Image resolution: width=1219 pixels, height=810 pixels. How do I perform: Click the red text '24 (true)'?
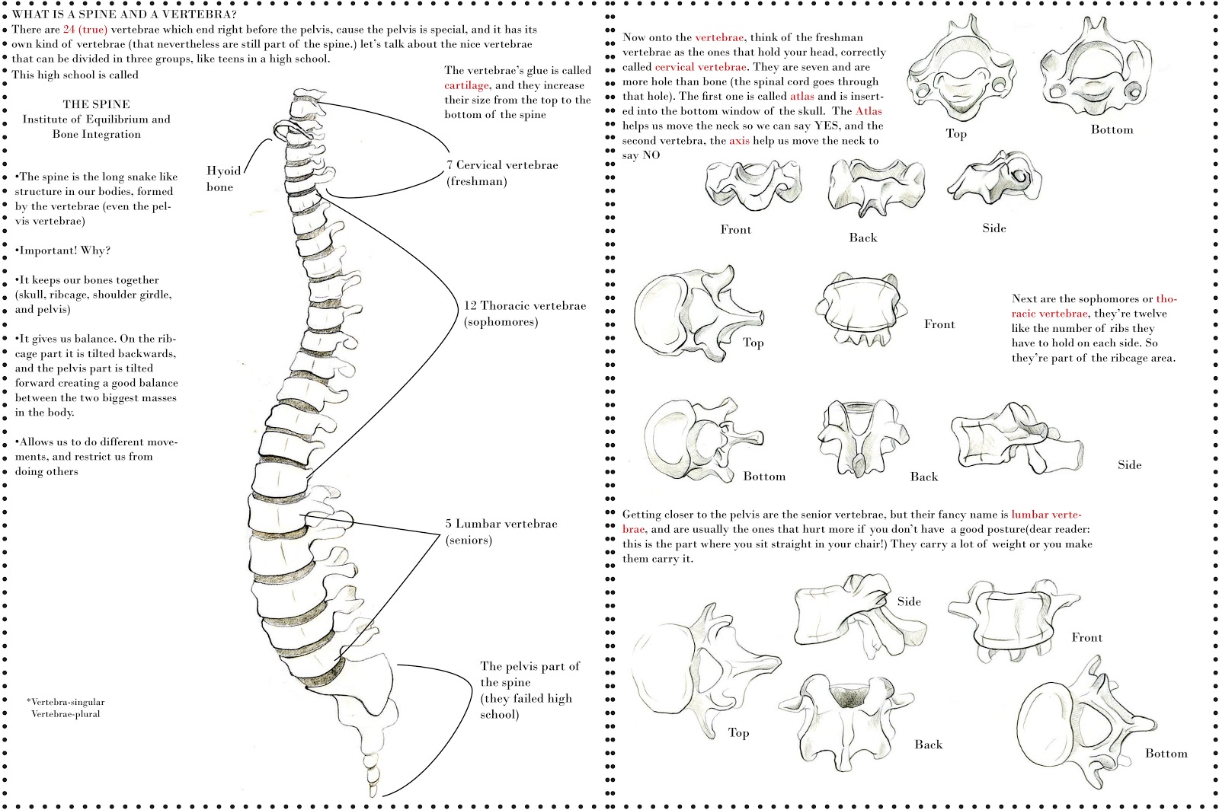pos(85,30)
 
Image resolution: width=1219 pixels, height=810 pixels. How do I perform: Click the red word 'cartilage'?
pos(466,85)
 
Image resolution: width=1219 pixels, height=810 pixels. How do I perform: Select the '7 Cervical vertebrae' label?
pos(502,165)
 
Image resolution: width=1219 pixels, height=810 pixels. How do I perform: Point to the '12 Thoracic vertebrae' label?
pos(525,306)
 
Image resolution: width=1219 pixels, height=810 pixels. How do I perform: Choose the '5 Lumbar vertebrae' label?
pos(501,524)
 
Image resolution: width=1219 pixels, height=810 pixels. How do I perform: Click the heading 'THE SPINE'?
pos(96,104)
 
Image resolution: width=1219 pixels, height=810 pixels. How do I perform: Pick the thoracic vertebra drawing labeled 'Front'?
pos(862,311)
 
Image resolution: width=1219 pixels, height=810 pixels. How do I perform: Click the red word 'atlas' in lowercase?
pos(801,96)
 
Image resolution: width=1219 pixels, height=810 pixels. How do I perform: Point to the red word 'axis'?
pos(739,141)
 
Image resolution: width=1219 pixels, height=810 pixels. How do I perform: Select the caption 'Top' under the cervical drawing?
pos(956,133)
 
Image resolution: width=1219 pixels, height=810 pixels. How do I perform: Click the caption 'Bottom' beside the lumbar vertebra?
pos(1166,754)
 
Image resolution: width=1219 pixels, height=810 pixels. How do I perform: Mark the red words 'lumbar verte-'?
pos(1046,515)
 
